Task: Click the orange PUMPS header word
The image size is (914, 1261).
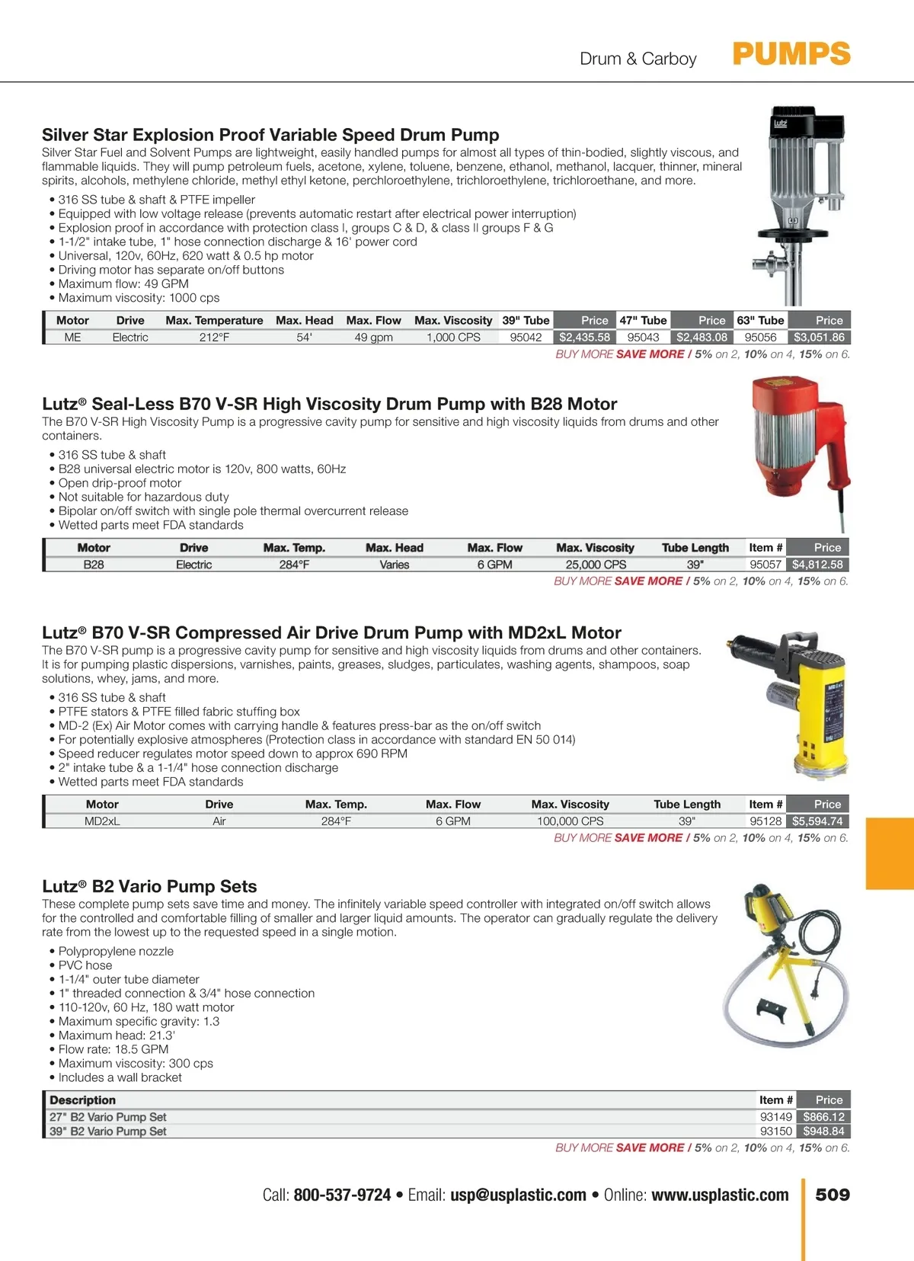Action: pyautogui.click(x=791, y=55)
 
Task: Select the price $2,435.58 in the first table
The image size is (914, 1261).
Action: pyautogui.click(x=584, y=338)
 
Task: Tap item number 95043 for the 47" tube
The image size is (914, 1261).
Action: pyautogui.click(x=643, y=338)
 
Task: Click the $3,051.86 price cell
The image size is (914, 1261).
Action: pyautogui.click(x=819, y=338)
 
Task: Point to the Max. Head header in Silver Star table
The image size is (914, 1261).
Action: pyautogui.click(x=304, y=321)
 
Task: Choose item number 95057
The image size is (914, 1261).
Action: pyautogui.click(x=765, y=565)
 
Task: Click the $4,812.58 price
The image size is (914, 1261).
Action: pyautogui.click(x=817, y=565)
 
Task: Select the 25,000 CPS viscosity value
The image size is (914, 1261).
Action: pyautogui.click(x=596, y=565)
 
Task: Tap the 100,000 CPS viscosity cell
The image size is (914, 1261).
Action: pyautogui.click(x=570, y=821)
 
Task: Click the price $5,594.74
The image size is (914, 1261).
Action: pyautogui.click(x=817, y=821)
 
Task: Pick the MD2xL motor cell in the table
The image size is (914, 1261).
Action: pyautogui.click(x=102, y=821)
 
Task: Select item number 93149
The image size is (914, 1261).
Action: pyautogui.click(x=776, y=1117)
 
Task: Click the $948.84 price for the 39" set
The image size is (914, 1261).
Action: pyautogui.click(x=823, y=1131)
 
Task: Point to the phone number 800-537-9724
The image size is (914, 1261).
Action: pyautogui.click(x=342, y=1195)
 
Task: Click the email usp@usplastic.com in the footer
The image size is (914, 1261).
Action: pyautogui.click(x=518, y=1195)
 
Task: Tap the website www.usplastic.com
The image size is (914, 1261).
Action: pyautogui.click(x=720, y=1195)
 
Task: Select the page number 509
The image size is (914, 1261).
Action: pyautogui.click(x=833, y=1195)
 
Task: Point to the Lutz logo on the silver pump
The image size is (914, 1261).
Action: pyautogui.click(x=781, y=123)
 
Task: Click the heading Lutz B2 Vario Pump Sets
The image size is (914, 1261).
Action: pyautogui.click(x=149, y=886)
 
